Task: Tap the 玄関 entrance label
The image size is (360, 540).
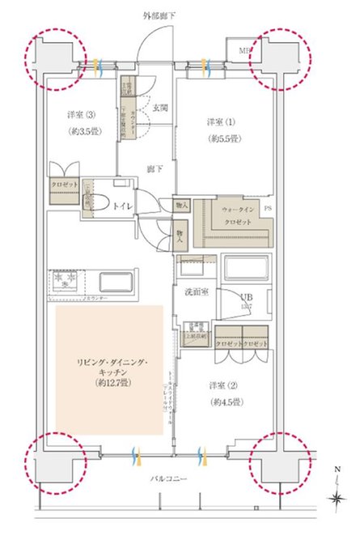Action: click(x=158, y=108)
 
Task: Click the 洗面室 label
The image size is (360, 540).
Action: click(x=199, y=292)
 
